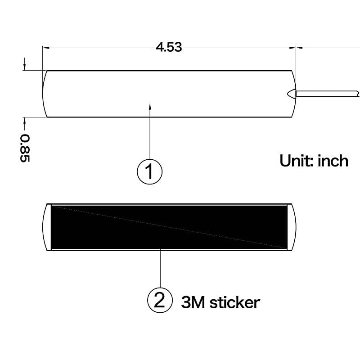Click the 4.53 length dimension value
[169, 47]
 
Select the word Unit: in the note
[297, 161]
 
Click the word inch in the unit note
[333, 161]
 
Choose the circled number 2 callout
[160, 300]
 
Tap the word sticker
[235, 302]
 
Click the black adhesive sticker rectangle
[169, 227]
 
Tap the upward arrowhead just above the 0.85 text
[25, 120]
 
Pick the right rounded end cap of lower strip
[292, 227]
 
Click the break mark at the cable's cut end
[357, 94]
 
